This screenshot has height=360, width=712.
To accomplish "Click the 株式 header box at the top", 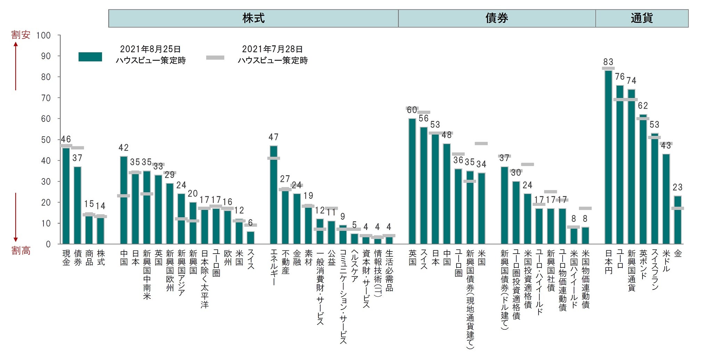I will tap(253, 18).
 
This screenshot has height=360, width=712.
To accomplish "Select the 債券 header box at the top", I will tap(497, 18).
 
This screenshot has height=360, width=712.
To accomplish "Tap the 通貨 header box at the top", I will tap(642, 18).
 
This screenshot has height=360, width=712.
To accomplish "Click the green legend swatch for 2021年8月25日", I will tap(90, 57).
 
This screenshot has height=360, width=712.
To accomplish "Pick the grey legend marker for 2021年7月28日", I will tap(215, 58).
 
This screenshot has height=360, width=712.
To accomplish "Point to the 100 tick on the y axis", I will tap(43, 35).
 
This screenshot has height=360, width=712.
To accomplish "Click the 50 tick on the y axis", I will tap(46, 140).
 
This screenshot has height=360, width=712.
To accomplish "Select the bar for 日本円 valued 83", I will tap(608, 157).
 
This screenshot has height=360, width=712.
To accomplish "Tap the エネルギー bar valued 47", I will tap(274, 195).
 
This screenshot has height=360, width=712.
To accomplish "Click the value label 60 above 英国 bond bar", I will tap(412, 110).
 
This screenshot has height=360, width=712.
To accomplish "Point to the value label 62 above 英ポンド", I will tap(643, 106).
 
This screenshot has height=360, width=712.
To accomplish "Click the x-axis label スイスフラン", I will tap(655, 270).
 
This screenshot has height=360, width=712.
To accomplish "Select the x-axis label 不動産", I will tap(285, 262).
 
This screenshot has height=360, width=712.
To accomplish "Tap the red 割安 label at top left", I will tap(21, 35).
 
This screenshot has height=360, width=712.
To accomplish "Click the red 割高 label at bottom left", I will tap(21, 250).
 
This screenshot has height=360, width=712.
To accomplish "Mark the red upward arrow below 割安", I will tap(16, 66).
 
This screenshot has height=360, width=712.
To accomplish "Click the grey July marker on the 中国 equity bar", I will tap(124, 196).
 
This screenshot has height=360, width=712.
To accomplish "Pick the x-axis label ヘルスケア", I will tap(354, 266).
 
